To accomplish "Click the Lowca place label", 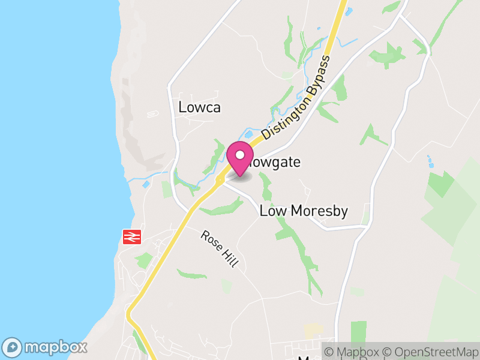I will (200, 108).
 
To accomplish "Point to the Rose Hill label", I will (220, 251).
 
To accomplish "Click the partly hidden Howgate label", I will (276, 163).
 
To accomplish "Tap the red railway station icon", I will (131, 237).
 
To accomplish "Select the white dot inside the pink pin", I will (239, 155).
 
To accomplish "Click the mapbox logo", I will (46, 347).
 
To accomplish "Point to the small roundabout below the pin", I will (220, 179).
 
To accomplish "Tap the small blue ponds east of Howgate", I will (430, 161).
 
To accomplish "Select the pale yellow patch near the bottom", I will (313, 329).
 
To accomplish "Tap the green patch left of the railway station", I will (143, 260).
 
